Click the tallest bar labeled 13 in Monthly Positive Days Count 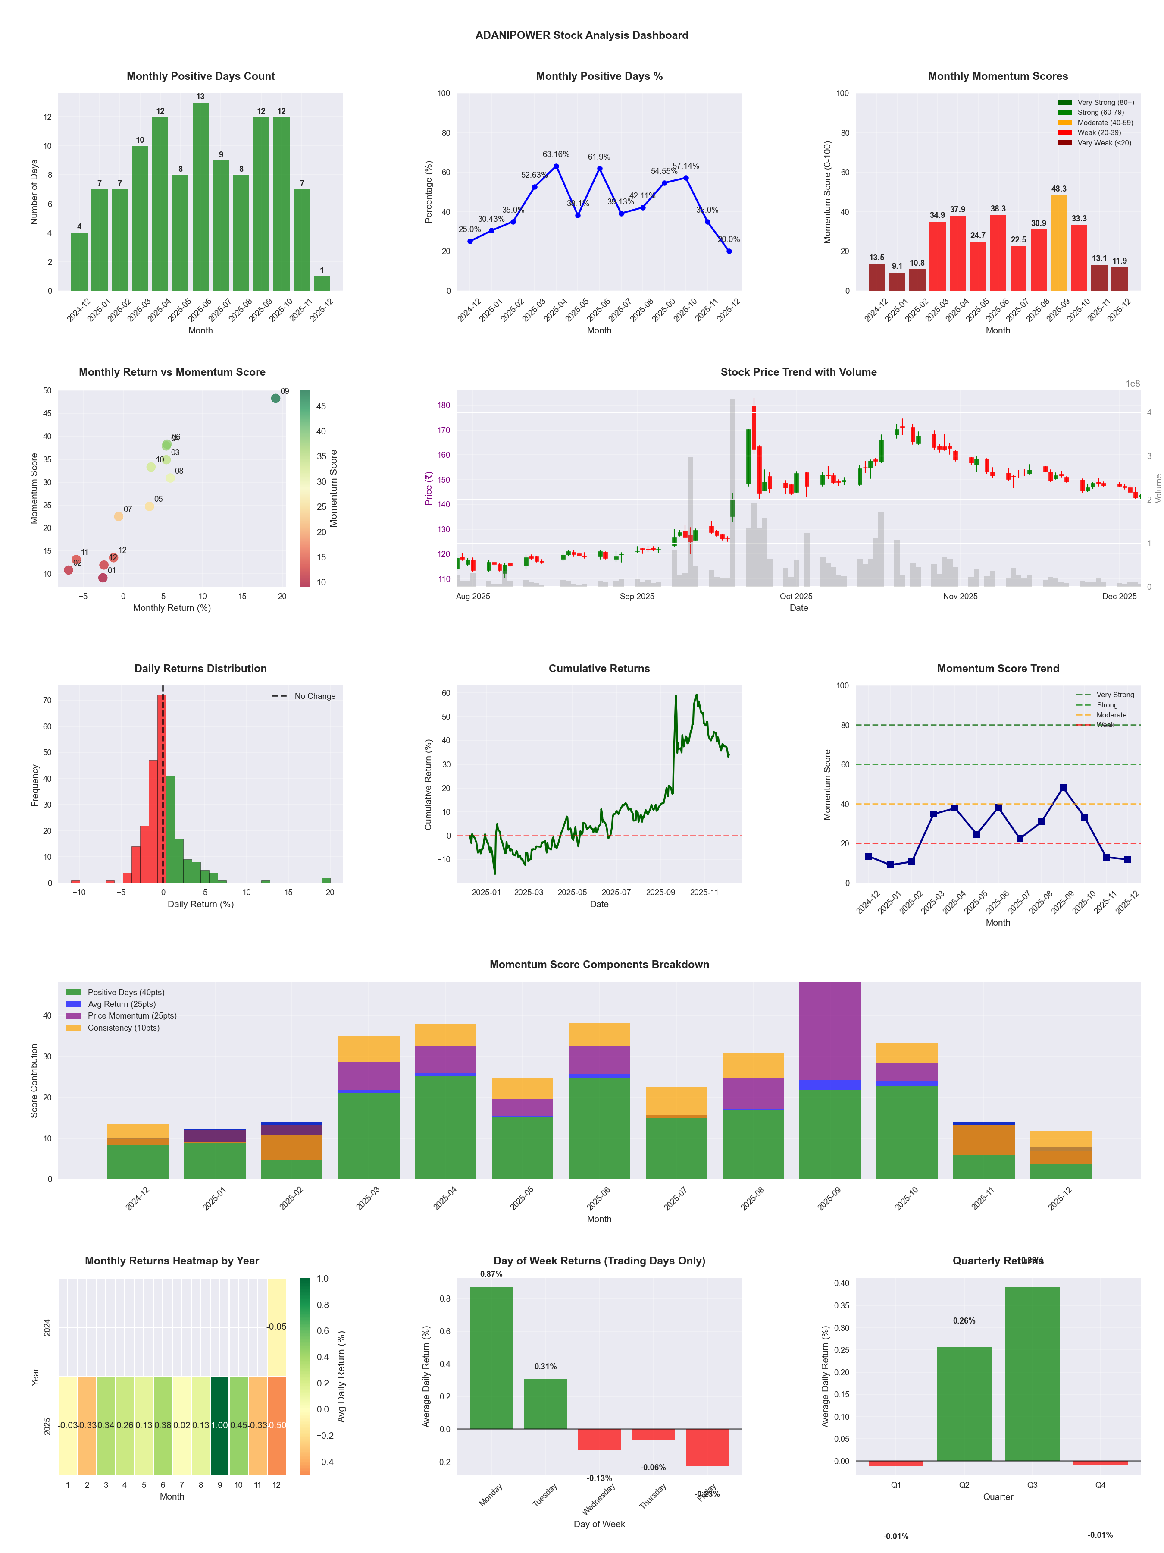200,197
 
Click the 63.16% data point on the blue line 557,167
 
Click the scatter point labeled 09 276,398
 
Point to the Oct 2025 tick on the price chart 796,596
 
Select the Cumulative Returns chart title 599,668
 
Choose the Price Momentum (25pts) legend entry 132,1016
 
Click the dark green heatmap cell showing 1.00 219,1425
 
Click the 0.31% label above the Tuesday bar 545,1366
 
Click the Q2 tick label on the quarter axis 964,1485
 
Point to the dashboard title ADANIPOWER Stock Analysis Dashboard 582,35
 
